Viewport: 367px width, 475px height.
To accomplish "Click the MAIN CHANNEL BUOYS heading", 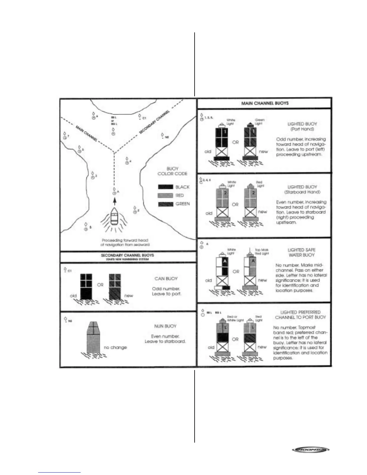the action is [x=265, y=103].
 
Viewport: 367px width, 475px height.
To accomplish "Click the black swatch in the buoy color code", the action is [x=165, y=187].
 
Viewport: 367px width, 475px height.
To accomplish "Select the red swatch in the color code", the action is [x=165, y=196].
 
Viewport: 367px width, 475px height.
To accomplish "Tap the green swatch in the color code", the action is [x=165, y=204].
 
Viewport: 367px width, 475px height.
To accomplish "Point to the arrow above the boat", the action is [x=115, y=201].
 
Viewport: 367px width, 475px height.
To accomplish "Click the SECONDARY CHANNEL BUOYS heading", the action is [x=127, y=255].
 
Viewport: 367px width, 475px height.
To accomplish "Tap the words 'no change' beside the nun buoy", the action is [x=115, y=348].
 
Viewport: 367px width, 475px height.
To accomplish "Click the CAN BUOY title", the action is [x=166, y=279].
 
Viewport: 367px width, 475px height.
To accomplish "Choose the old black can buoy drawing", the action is [x=86, y=286].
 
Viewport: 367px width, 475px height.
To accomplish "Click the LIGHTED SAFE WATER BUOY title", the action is [x=301, y=252].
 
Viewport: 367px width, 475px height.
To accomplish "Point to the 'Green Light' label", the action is [x=259, y=122].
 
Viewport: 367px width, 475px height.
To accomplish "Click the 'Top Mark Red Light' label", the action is [x=261, y=251].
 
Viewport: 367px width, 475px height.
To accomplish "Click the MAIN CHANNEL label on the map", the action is [x=86, y=134].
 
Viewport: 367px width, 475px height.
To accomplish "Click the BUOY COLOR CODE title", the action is [x=172, y=171].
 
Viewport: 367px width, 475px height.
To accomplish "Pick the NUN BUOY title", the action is [x=165, y=326].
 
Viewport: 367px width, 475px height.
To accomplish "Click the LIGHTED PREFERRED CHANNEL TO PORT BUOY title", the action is [x=300, y=315].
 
